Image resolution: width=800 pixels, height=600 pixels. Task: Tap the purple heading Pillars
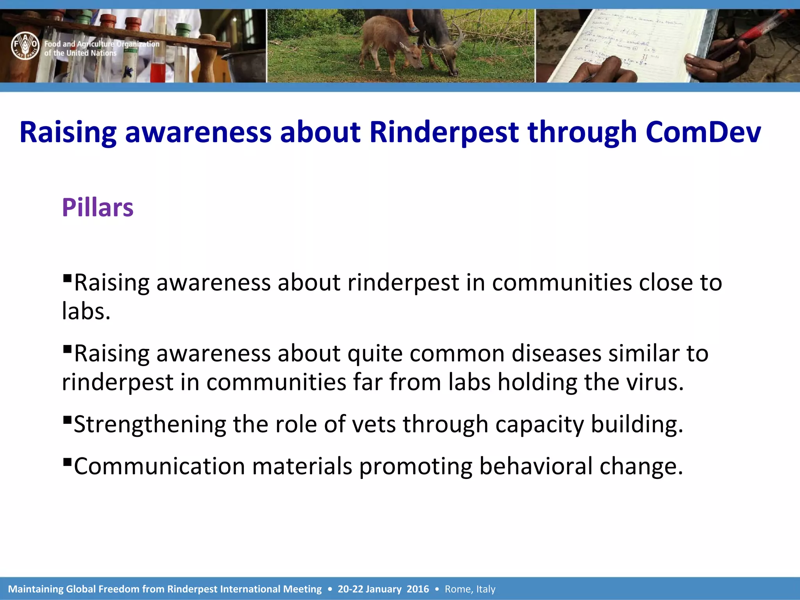(x=98, y=207)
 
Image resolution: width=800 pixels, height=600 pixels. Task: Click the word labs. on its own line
(x=86, y=311)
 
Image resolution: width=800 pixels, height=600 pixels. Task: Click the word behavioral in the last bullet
(x=536, y=466)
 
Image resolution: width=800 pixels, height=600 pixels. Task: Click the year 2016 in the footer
(x=418, y=589)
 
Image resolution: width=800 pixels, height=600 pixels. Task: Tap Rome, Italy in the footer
(x=470, y=589)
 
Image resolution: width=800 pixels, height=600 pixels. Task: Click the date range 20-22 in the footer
(x=350, y=589)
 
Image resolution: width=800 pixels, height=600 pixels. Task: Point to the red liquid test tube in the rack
(x=158, y=70)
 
